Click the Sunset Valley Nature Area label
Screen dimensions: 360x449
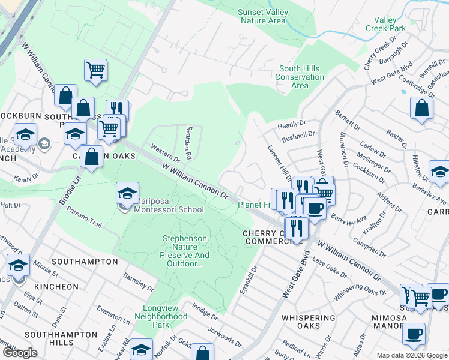(x=262, y=16)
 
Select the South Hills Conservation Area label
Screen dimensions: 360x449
(x=300, y=77)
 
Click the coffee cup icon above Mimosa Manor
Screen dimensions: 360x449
(x=414, y=334)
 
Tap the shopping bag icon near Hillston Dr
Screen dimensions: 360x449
(x=422, y=108)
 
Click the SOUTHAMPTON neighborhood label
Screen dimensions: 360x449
(x=85, y=262)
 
